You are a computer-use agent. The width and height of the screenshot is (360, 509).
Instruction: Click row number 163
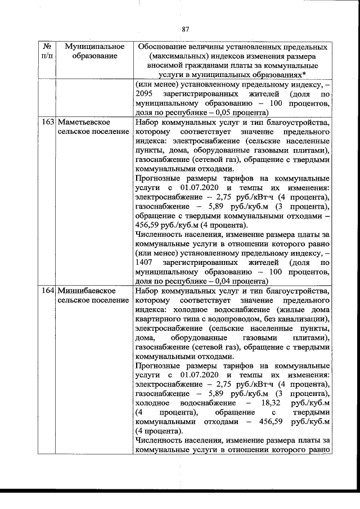[x=48, y=121]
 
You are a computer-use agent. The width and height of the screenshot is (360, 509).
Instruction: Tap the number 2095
[x=145, y=94]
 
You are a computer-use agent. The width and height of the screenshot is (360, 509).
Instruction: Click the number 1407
[x=145, y=263]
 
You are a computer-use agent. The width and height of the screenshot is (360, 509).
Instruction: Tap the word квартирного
[x=161, y=319]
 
